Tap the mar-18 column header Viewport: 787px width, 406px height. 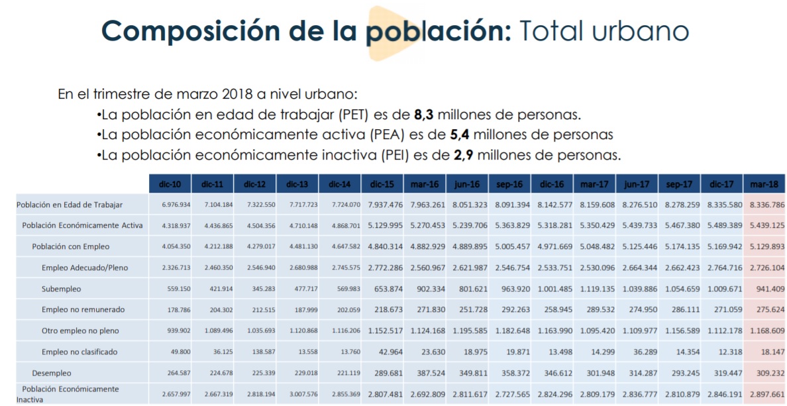[764, 183]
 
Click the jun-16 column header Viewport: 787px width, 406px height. [468, 183]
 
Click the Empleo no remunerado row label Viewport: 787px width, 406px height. [83, 309]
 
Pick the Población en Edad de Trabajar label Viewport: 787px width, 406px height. [70, 205]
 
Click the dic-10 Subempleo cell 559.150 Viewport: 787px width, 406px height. [176, 289]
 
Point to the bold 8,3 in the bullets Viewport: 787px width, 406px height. [423, 115]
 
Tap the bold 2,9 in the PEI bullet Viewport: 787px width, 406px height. [463, 156]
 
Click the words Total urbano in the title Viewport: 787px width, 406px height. [603, 31]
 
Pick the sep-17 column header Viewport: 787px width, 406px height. [679, 183]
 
